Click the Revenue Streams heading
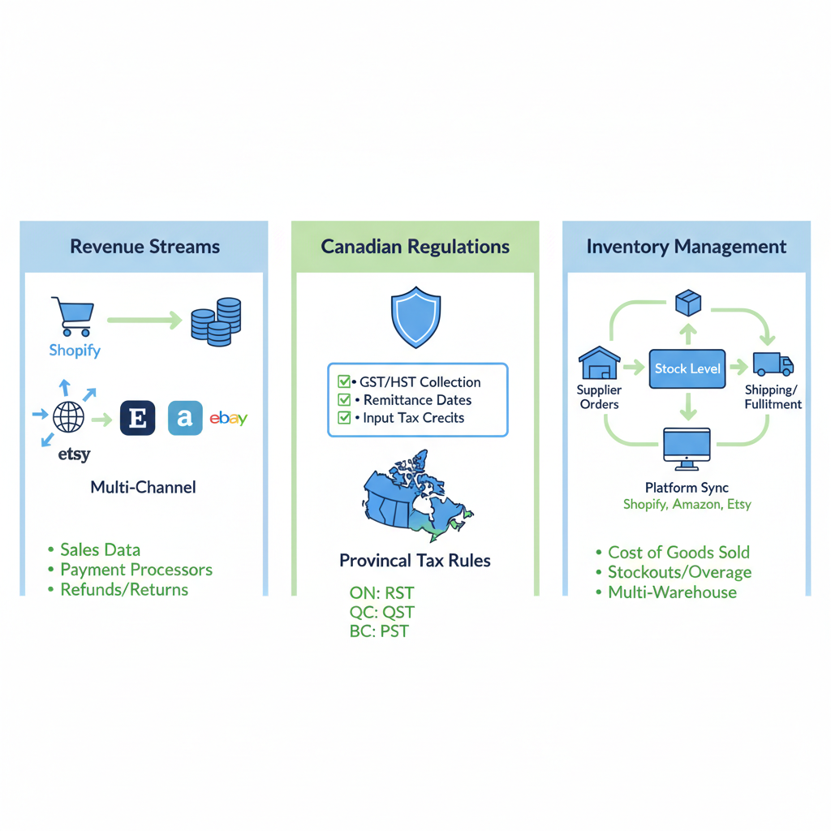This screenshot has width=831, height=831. pos(144,247)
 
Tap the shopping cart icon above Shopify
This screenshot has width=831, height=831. pos(71,316)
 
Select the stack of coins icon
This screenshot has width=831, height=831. pos(216,321)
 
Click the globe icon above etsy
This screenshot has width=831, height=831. pos(68,417)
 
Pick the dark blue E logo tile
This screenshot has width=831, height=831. pos(138,418)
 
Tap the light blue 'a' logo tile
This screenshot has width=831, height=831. pos(185,418)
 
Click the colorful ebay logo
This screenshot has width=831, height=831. pos(228,419)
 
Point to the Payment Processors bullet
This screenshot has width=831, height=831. pos(136,570)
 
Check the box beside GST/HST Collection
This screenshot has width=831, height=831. pos(343,382)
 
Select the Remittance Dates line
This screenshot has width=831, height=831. pos(417,400)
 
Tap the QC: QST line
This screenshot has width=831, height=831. pos(381,612)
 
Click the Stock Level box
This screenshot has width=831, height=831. pos(687,368)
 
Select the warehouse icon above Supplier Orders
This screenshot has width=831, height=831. pos(599,363)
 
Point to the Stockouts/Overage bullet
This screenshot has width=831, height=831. pos(679,572)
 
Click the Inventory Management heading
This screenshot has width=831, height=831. pos(687,247)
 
